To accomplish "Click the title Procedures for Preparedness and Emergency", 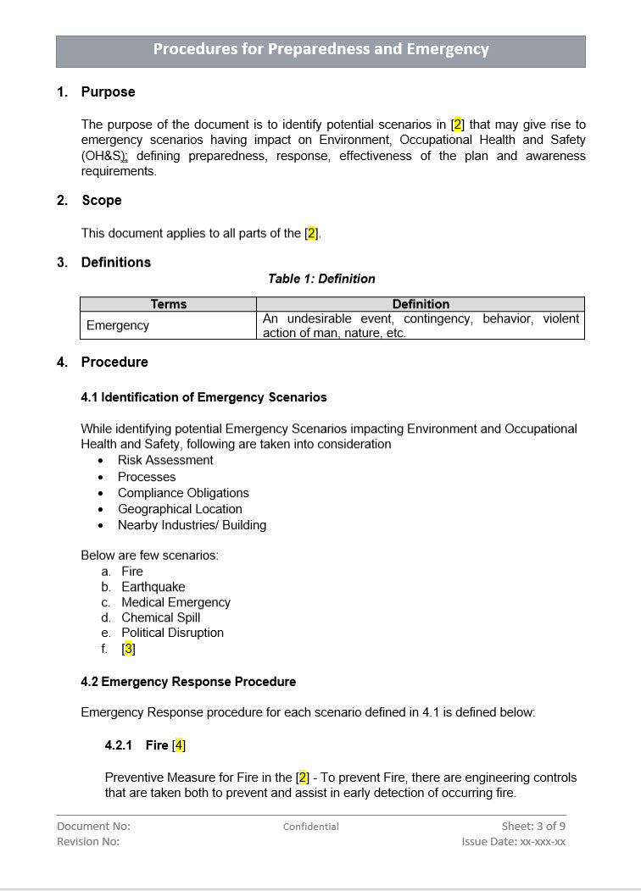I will [x=320, y=49].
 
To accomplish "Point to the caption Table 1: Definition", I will [x=321, y=279].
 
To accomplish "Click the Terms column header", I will [x=168, y=304].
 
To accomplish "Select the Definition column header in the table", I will [x=421, y=304].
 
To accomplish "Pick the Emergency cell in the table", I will [x=118, y=325].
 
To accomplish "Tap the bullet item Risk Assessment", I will [x=165, y=460].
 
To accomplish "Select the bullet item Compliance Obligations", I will [x=183, y=493].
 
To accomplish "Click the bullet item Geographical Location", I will [x=180, y=509].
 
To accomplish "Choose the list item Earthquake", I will [x=153, y=586].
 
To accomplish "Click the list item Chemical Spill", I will [x=160, y=617].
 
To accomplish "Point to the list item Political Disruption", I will [x=172, y=633].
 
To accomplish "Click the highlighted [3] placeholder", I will [x=128, y=649].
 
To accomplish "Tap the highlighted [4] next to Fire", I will [x=178, y=745].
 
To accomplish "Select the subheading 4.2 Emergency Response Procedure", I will [x=188, y=681].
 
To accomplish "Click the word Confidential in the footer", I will [x=310, y=827].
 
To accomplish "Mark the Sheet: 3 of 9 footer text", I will [x=532, y=826].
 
